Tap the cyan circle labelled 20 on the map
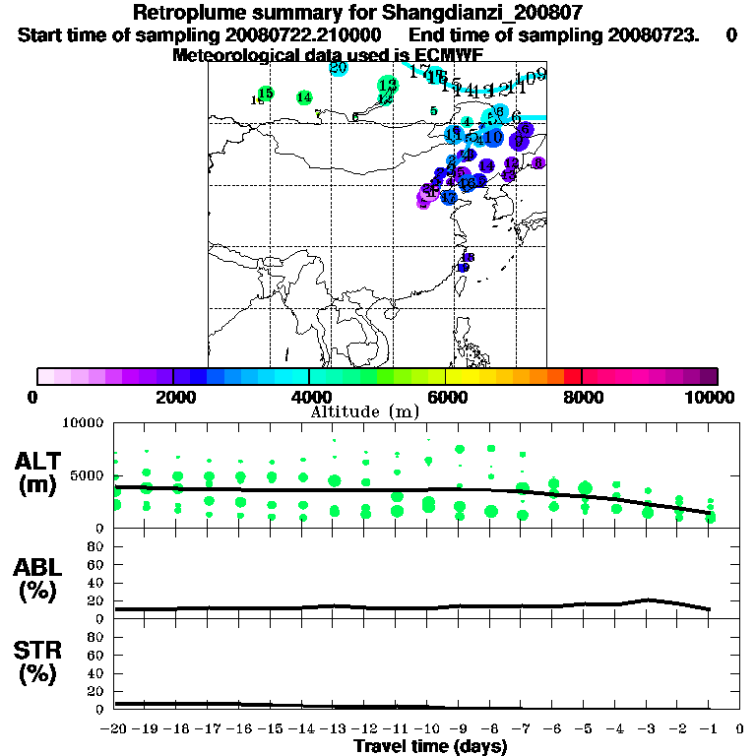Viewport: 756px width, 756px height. coord(338,67)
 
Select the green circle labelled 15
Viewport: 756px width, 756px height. coord(265,94)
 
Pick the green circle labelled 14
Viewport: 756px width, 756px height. coord(304,97)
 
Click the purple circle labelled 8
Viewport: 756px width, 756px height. coord(537,162)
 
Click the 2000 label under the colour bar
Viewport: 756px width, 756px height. coord(171,397)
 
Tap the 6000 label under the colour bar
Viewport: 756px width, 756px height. coord(446,397)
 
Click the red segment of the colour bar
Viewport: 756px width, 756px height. coord(572,376)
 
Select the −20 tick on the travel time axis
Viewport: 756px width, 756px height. coord(114,729)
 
